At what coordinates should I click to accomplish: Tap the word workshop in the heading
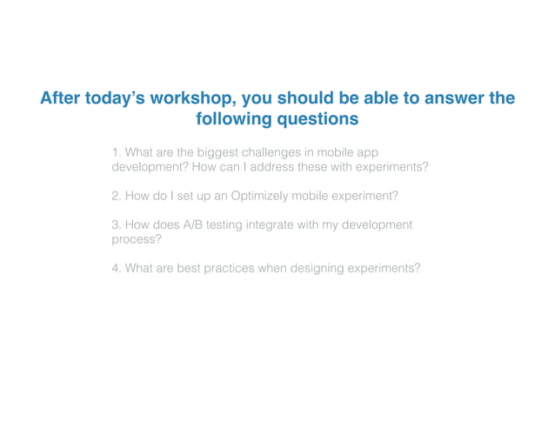pyautogui.click(x=191, y=99)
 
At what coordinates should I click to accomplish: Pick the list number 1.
pyautogui.click(x=116, y=151)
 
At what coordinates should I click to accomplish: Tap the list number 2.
pyautogui.click(x=116, y=196)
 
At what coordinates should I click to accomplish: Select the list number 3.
pyautogui.click(x=116, y=225)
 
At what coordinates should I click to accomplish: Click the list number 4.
pyautogui.click(x=116, y=268)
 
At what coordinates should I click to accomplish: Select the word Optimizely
pyautogui.click(x=263, y=196)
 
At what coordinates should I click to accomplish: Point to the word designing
pyautogui.click(x=311, y=268)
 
